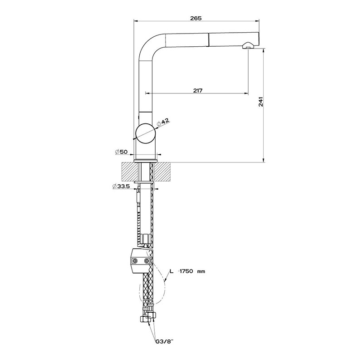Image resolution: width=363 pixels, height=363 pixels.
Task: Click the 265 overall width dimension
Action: (196, 18)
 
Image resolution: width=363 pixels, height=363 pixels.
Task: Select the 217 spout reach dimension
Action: (198, 90)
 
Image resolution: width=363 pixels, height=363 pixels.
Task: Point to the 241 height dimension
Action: (260, 102)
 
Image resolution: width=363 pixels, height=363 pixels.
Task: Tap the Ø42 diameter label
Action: (163, 123)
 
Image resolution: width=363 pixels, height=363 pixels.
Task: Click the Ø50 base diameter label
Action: (121, 152)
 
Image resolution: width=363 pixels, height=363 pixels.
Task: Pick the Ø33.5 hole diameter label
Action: (121, 186)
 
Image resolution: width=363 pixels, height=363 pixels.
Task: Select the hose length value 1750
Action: (186, 271)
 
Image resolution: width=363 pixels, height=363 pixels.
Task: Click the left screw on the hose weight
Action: (134, 261)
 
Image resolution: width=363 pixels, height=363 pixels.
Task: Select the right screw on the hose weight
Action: (147, 261)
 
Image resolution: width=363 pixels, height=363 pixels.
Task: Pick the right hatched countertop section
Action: (163, 172)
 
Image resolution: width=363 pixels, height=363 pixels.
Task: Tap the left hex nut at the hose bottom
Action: (144, 319)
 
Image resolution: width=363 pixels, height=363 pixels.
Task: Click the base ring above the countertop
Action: (146, 161)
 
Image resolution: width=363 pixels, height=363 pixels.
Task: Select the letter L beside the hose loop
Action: (172, 271)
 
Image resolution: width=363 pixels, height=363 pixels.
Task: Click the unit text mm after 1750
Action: (201, 271)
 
